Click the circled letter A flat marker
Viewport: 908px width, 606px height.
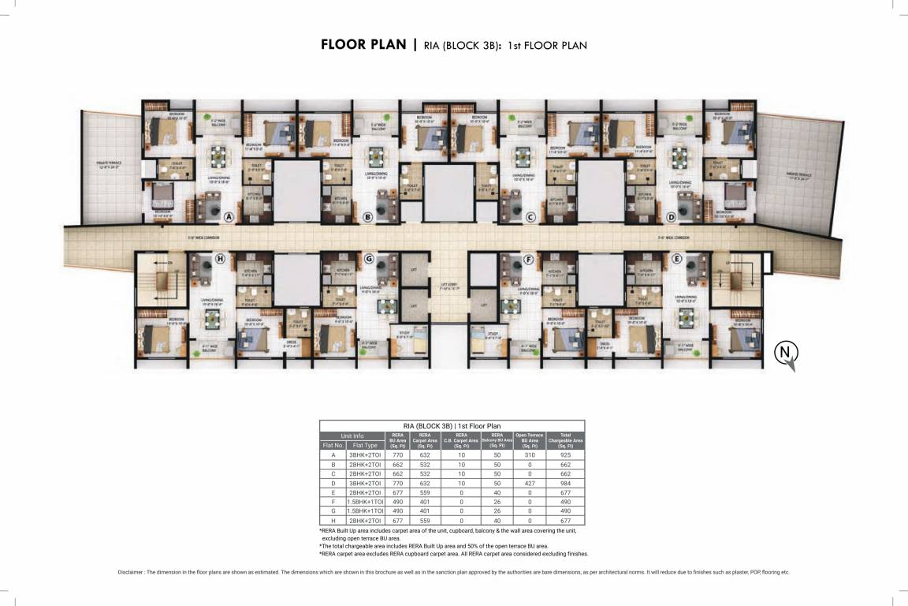[229, 216]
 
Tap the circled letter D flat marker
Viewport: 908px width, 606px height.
[672, 216]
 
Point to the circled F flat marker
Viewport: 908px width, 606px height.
[528, 258]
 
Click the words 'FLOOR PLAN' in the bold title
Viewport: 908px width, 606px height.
[363, 44]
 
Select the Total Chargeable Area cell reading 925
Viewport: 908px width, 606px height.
[565, 455]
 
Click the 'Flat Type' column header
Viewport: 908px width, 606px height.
[367, 445]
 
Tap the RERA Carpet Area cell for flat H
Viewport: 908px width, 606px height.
[424, 521]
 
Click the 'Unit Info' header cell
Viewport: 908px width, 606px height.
[352, 436]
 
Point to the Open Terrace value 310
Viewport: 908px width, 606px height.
[530, 455]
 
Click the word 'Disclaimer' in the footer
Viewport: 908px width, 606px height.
[131, 571]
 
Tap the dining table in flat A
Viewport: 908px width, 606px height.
[216, 156]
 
